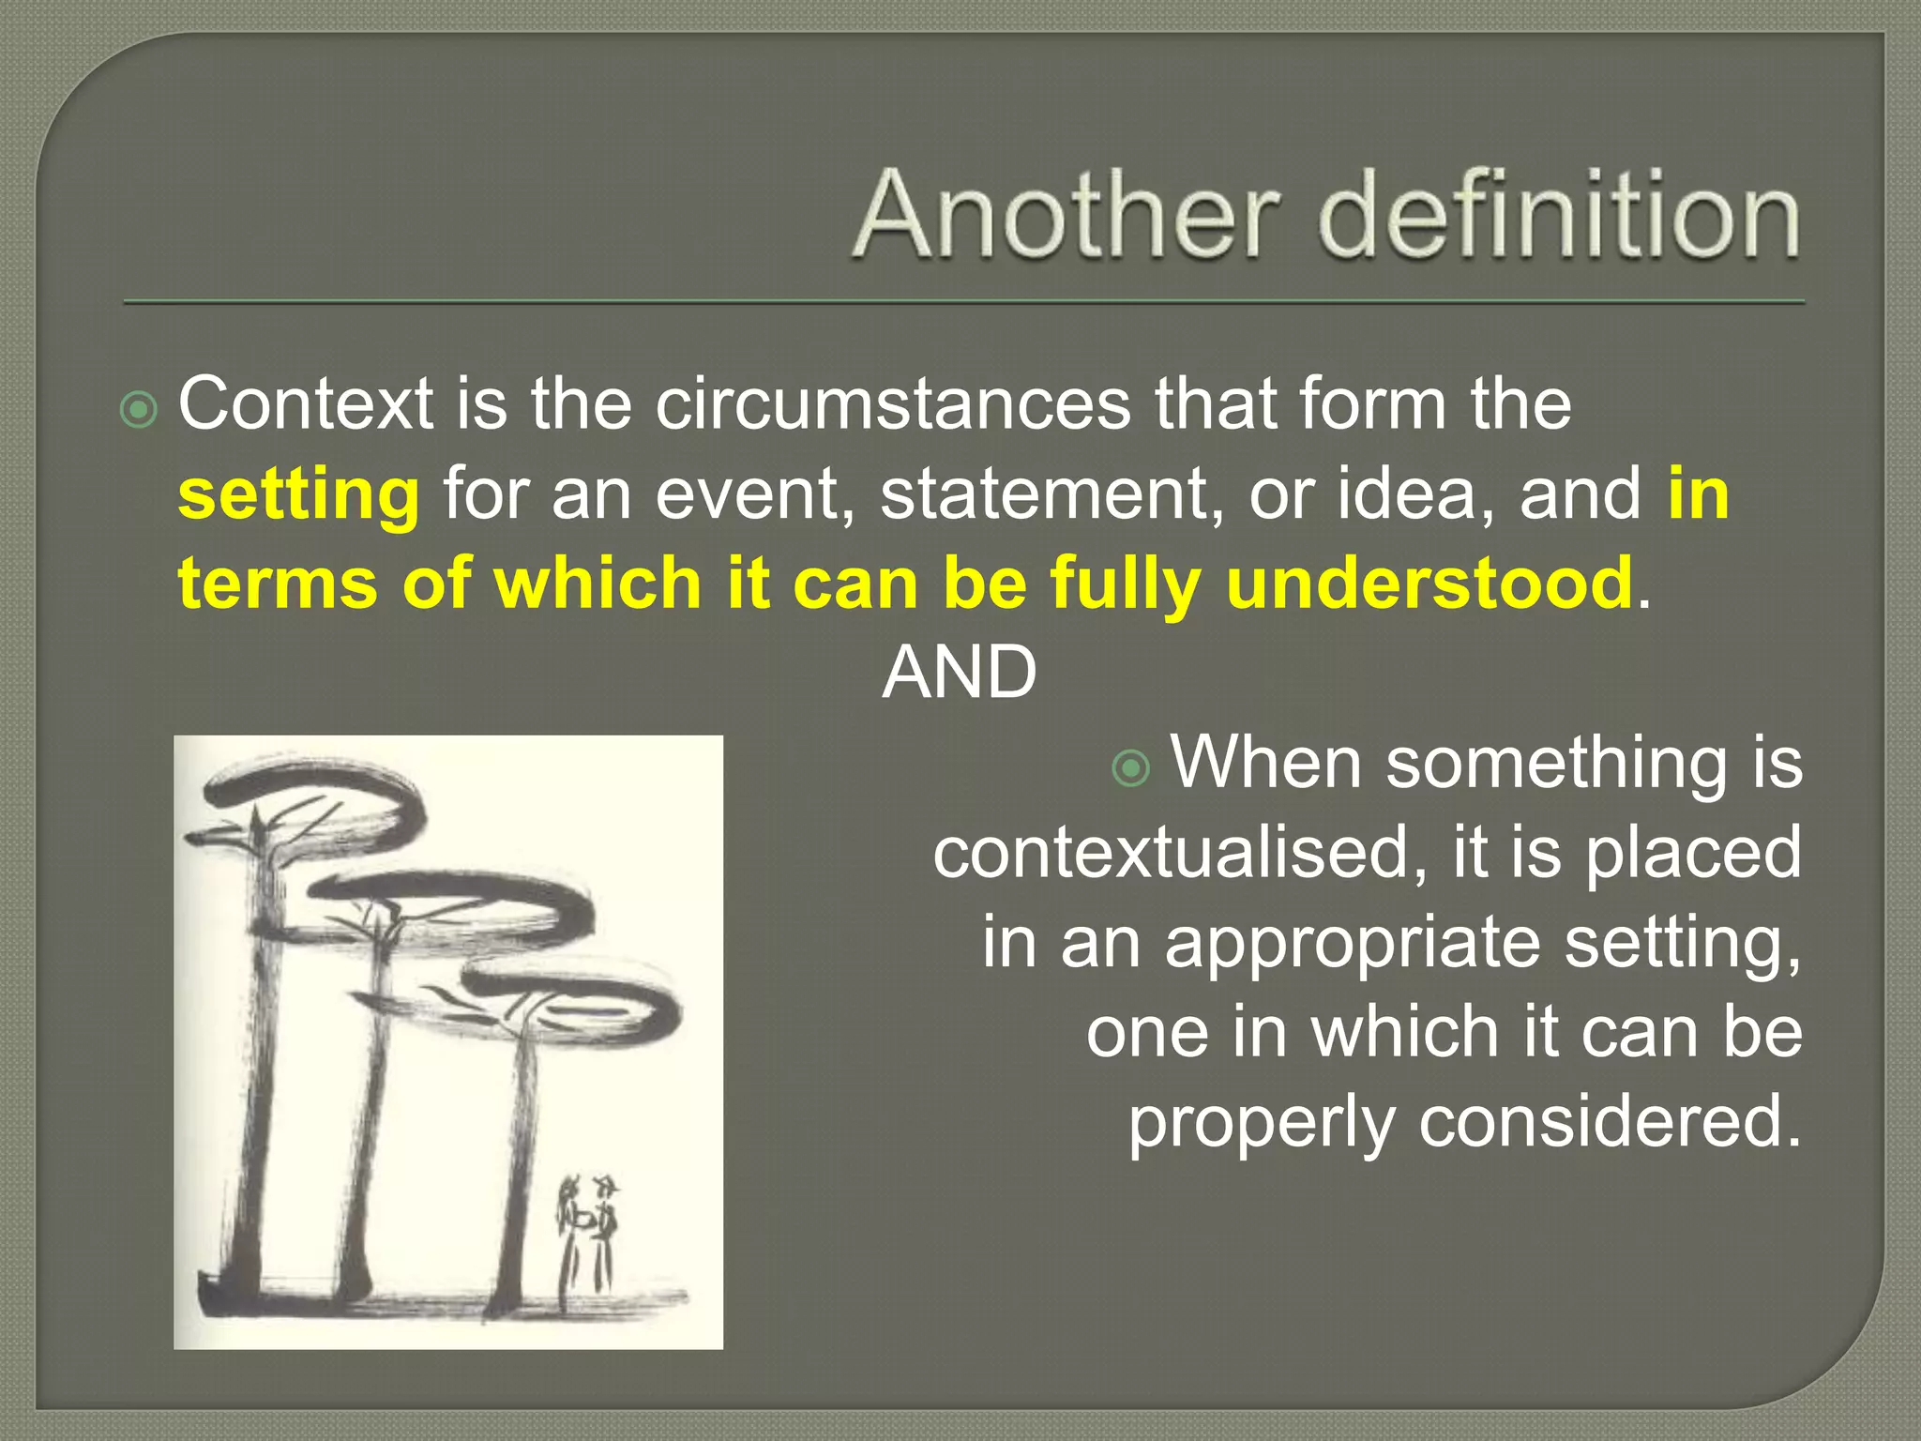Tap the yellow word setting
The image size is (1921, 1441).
(x=298, y=494)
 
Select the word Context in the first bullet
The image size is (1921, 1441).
(x=306, y=404)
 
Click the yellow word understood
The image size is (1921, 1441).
(x=1429, y=584)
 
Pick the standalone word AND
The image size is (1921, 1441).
(x=959, y=673)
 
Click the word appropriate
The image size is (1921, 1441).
(x=1353, y=942)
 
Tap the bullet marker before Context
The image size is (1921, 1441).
(x=139, y=410)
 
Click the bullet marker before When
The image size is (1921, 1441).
(x=1130, y=768)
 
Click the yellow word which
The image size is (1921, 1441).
(x=597, y=584)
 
